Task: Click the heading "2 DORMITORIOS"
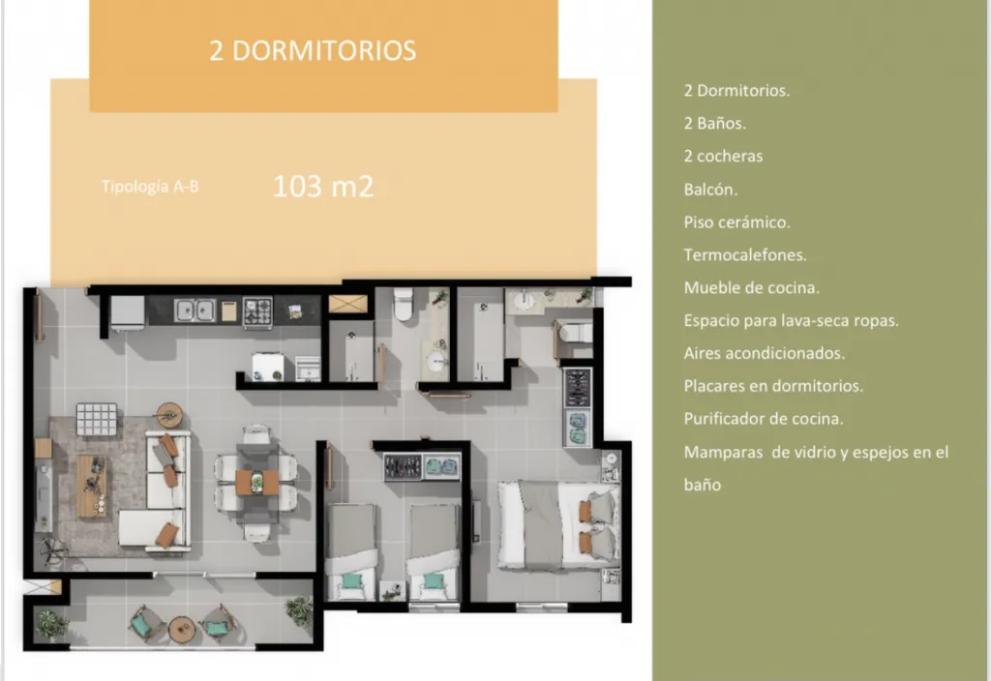313,50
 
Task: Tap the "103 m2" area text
323,187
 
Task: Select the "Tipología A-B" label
150,187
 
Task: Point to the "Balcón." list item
710,190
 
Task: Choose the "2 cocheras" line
723,156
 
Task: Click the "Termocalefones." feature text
745,254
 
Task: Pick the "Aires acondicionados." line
765,352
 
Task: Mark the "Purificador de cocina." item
764,418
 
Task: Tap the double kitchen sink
195,311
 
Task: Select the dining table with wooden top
257,482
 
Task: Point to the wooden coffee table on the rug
92,486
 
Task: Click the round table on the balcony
182,628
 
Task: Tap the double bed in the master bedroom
558,524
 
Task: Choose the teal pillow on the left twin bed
352,581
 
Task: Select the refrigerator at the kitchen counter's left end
128,312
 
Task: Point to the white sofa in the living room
156,490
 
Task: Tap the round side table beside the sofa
169,415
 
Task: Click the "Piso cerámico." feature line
736,222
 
